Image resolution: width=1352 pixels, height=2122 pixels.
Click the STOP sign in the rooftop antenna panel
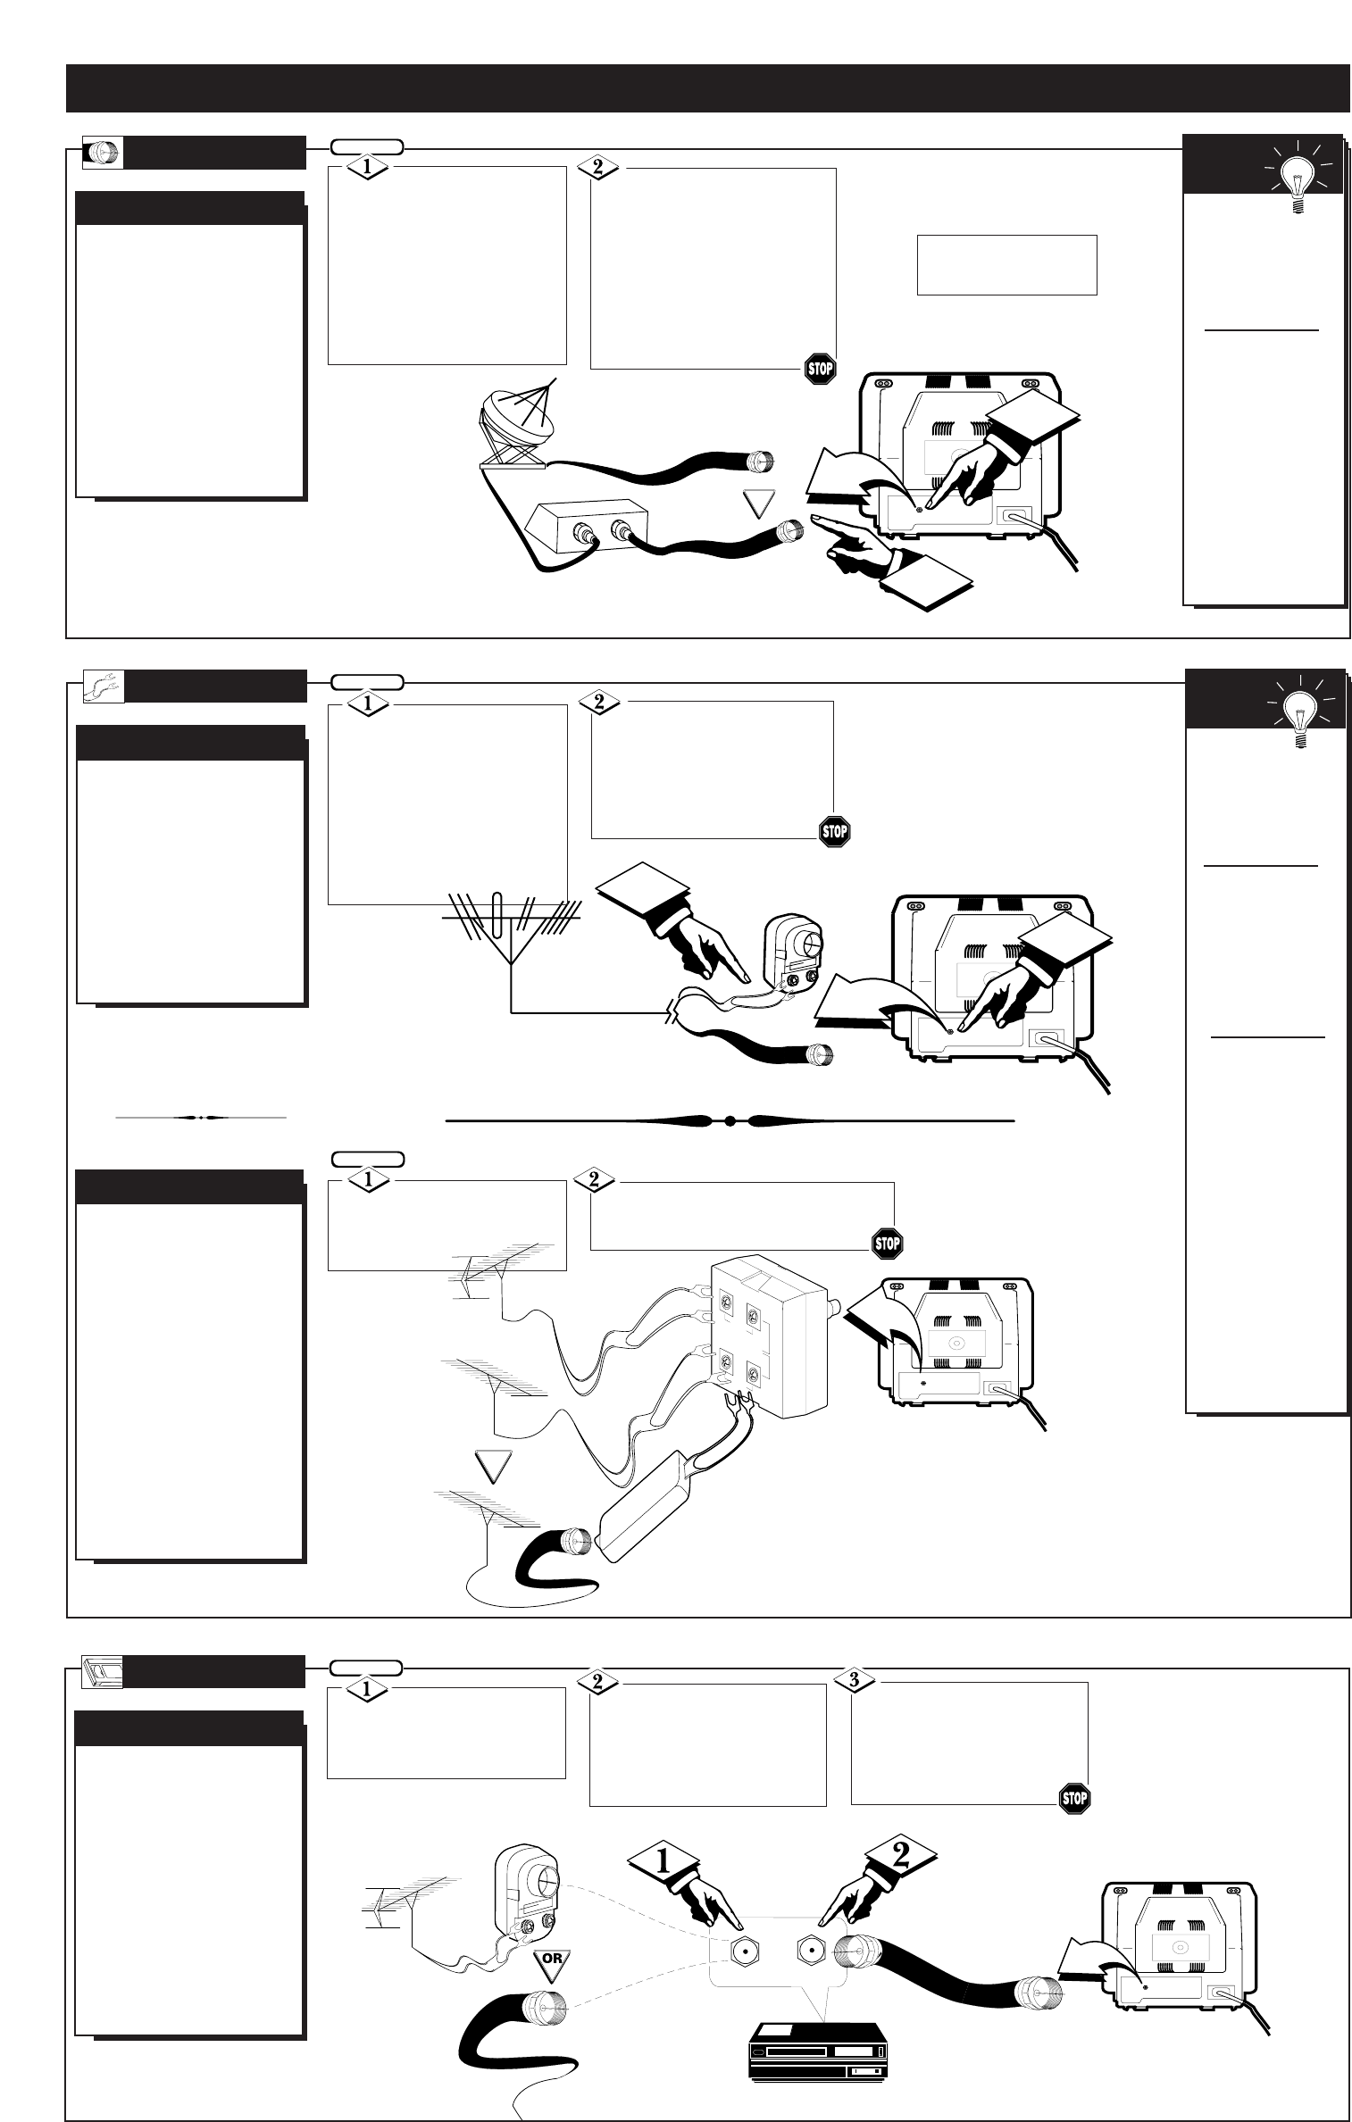[x=834, y=832]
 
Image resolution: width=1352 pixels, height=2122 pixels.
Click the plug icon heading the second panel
[x=103, y=687]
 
